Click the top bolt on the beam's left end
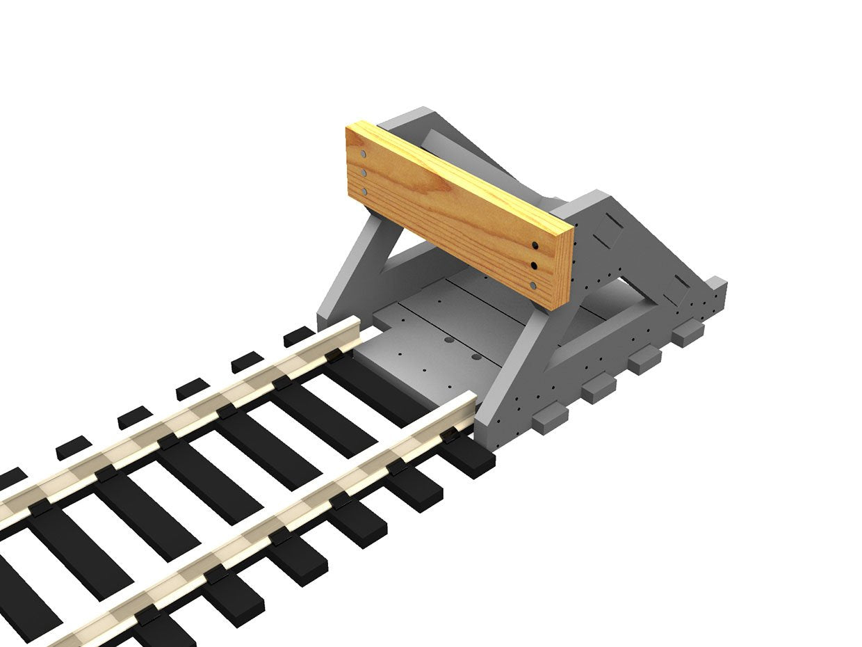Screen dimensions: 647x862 point(362,154)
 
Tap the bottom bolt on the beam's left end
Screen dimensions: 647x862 point(362,191)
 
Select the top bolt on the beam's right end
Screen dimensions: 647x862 point(535,245)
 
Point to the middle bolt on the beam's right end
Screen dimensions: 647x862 point(534,265)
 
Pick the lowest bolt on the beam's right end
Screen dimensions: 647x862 point(533,285)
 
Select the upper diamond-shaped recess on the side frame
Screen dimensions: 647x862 point(610,232)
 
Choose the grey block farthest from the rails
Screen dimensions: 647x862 point(688,333)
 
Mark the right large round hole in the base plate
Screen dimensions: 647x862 point(476,357)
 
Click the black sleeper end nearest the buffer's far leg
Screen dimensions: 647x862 point(300,336)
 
